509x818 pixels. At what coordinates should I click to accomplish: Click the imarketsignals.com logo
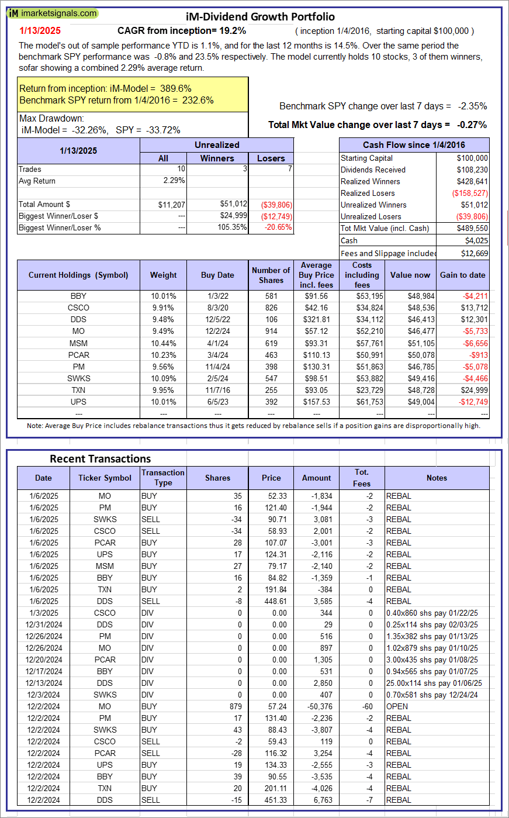pyautogui.click(x=53, y=13)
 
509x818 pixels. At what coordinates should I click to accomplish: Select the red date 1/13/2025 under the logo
pyautogui.click(x=40, y=30)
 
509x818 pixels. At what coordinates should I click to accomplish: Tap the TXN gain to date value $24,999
pyautogui.click(x=474, y=390)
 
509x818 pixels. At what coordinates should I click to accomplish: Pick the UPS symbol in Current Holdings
pyautogui.click(x=78, y=402)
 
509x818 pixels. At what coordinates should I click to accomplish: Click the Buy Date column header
pyautogui.click(x=217, y=275)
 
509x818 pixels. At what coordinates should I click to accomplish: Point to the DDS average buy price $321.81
pyautogui.click(x=316, y=319)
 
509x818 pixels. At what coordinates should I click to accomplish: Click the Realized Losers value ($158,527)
pyautogui.click(x=470, y=193)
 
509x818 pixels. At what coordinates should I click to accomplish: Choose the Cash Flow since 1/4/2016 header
pyautogui.click(x=414, y=145)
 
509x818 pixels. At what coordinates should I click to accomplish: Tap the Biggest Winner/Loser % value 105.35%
pyautogui.click(x=232, y=227)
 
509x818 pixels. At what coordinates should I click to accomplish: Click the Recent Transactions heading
pyautogui.click(x=101, y=459)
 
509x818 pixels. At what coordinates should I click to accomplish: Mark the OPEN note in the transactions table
pyautogui.click(x=397, y=706)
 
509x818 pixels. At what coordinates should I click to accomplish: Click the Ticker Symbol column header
pyautogui.click(x=105, y=478)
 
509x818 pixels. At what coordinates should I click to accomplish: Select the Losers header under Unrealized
pyautogui.click(x=271, y=158)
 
